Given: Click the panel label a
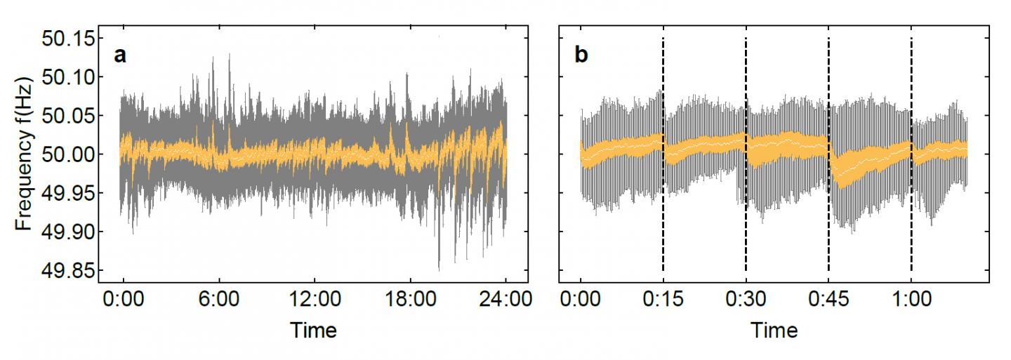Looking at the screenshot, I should (x=121, y=55).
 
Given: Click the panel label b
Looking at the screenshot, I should (x=582, y=55).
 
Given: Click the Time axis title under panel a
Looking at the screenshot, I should (x=313, y=330).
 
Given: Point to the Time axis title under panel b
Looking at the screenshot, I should (x=774, y=330).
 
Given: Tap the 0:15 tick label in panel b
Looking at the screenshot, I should (x=663, y=302).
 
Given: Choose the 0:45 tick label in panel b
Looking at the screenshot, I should (x=828, y=302).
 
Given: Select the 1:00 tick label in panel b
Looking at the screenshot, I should (x=911, y=302).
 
